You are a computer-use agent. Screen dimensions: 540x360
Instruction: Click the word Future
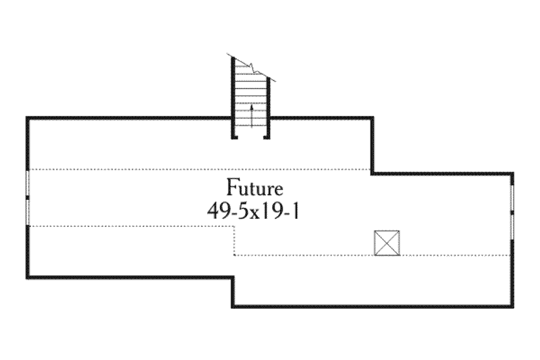pos(255,188)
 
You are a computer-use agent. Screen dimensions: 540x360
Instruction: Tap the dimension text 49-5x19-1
pos(254,211)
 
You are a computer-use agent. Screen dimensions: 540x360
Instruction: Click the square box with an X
pos(387,243)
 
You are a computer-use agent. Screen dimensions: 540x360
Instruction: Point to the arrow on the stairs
pos(252,116)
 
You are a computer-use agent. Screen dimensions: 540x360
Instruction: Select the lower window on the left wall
pos(28,213)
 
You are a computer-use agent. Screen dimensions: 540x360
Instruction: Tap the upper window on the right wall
pos(512,197)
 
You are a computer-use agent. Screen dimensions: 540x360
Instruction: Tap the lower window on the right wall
pos(512,227)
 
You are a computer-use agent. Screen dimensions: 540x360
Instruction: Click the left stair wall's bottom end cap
pos(234,138)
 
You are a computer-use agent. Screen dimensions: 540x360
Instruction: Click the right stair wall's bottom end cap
pos(267,138)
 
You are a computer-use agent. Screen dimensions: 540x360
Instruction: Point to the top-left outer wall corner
pos(27,118)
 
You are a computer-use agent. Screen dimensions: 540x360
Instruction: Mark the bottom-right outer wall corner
pos(513,306)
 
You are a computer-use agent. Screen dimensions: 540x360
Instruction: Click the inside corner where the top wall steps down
pos(373,174)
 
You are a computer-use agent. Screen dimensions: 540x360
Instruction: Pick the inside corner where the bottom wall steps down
pos(233,277)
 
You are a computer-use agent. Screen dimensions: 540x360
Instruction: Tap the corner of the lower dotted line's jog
pos(234,226)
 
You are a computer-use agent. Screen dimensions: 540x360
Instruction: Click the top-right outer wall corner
pos(513,174)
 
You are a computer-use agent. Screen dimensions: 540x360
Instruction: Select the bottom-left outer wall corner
pos(27,278)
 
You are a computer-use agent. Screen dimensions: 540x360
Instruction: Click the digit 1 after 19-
pos(296,211)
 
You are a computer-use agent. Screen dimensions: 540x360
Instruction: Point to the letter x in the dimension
pos(254,213)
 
